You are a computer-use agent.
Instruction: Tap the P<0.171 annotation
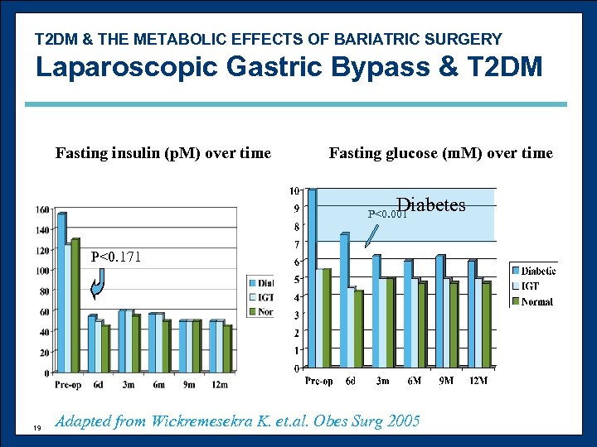point(116,257)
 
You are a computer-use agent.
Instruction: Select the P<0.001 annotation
point(386,214)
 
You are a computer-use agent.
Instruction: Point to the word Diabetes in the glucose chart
point(430,205)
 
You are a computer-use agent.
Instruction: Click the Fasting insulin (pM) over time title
point(163,153)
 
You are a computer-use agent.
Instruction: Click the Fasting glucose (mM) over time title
point(440,153)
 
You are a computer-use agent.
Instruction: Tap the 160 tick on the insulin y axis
point(42,209)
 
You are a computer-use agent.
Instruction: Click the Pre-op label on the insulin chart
point(67,385)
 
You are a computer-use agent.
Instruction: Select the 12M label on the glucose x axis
point(478,381)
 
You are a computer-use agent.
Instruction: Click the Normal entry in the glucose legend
point(536,301)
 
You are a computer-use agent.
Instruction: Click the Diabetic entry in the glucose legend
point(536,271)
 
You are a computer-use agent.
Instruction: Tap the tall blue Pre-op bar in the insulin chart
point(61,290)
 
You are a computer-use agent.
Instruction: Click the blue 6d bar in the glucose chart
point(344,298)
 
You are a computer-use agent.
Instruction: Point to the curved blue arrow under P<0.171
point(96,286)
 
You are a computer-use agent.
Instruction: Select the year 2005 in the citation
point(402,421)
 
